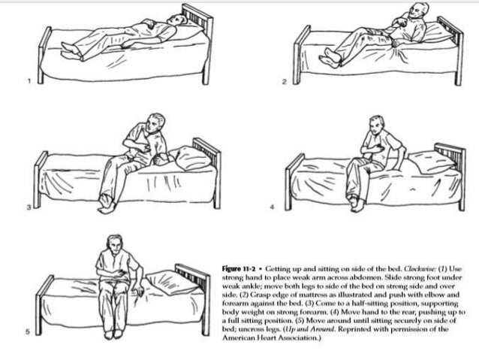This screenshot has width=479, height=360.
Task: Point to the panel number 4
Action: point(284,205)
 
